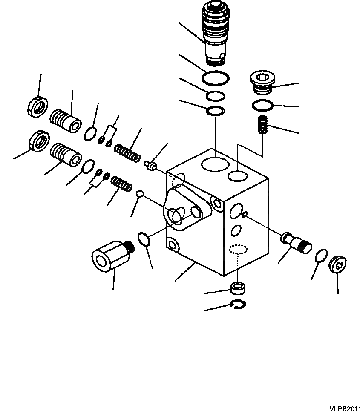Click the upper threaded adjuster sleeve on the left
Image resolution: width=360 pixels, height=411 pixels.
(66, 121)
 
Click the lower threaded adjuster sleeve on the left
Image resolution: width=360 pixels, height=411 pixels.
(66, 154)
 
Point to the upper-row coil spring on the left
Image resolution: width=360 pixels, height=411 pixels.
(127, 152)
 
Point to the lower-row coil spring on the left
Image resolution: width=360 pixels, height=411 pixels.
(121, 184)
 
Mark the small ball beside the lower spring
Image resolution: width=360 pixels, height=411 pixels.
(140, 194)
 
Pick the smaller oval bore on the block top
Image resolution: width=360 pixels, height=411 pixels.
(238, 175)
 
